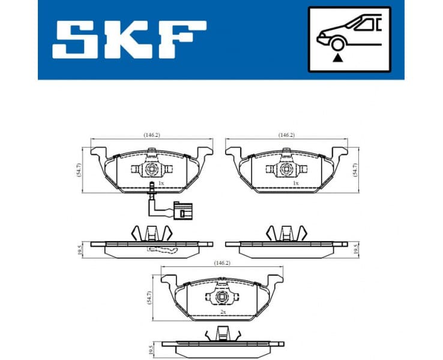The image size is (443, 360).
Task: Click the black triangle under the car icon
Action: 339,57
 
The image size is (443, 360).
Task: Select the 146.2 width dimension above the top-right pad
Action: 286,135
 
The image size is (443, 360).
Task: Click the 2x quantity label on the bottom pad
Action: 223,312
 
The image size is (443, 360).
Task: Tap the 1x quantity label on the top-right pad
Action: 295,183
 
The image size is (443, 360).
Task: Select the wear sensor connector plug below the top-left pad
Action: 179,211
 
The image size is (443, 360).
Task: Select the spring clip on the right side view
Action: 286,233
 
